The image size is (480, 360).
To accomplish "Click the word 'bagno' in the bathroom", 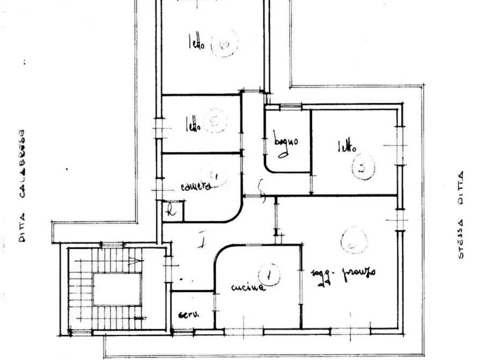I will point(285,143).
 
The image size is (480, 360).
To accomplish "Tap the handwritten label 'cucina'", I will point(248,287).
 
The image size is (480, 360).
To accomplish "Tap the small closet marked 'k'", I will point(172,211).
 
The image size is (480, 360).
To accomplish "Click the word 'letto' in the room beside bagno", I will point(346,146).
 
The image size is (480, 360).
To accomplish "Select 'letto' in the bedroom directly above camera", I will point(194,126).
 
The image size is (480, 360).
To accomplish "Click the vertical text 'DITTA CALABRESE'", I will point(22,185).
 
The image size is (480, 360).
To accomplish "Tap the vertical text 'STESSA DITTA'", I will point(460,215).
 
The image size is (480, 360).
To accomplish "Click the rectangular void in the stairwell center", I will point(117,289).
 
